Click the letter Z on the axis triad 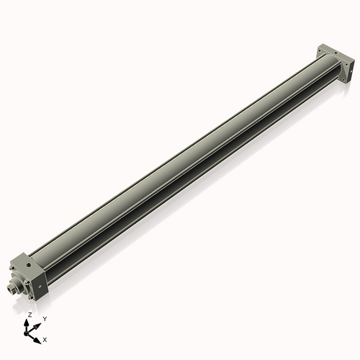(30, 315)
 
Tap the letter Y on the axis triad (45, 318)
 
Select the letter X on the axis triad (45, 338)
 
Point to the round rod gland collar (20, 284)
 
